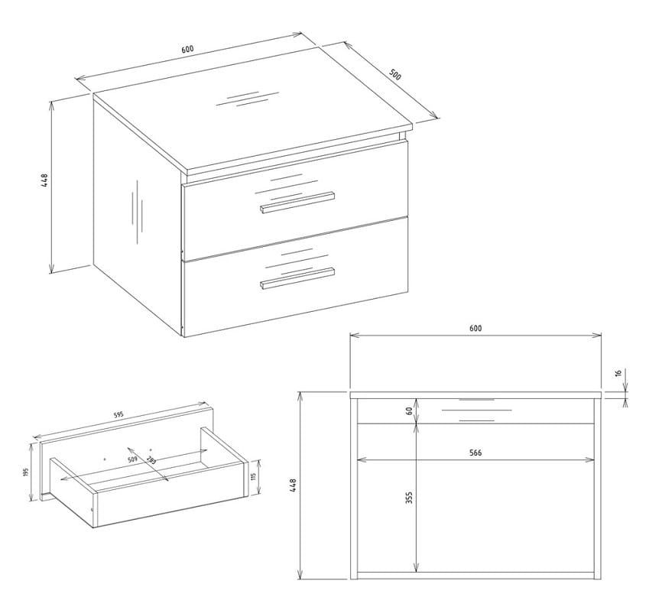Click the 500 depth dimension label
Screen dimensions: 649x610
click(x=395, y=74)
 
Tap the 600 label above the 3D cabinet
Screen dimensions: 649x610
click(x=187, y=49)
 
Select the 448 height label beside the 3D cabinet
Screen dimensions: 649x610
click(x=44, y=180)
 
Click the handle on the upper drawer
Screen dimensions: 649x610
click(x=297, y=202)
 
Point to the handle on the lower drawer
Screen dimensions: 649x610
click(x=297, y=277)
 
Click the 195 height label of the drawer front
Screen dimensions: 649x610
click(x=25, y=472)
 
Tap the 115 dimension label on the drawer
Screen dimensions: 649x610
click(x=254, y=477)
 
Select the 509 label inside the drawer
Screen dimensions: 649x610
click(x=132, y=459)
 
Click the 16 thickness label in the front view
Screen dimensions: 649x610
click(x=618, y=373)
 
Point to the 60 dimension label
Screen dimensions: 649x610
click(x=409, y=411)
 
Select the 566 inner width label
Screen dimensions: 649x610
click(x=475, y=453)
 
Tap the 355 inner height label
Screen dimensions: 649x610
click(x=409, y=497)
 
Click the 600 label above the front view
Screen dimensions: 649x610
click(x=475, y=329)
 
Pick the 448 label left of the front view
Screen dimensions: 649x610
click(x=293, y=485)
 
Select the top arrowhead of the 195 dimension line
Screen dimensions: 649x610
click(x=31, y=446)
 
